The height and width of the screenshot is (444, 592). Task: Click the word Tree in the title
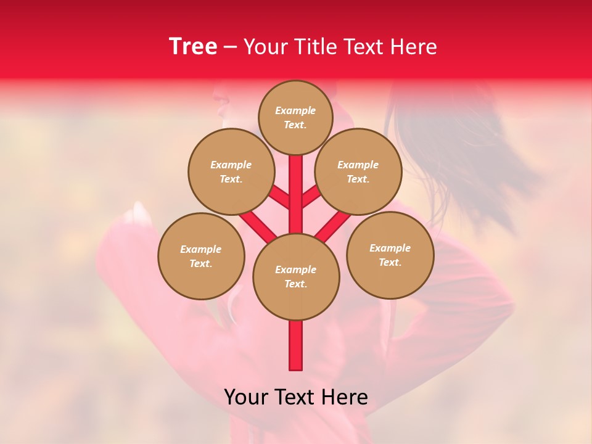(193, 47)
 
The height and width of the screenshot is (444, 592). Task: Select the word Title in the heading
(314, 47)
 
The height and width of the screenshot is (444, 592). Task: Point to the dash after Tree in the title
(230, 47)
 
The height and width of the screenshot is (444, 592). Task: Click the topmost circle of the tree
(295, 117)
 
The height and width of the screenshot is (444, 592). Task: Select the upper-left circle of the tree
(231, 171)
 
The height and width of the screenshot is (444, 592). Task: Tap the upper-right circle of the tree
(358, 171)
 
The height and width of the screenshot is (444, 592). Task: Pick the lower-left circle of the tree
(201, 256)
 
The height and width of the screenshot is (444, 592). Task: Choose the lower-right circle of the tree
(390, 255)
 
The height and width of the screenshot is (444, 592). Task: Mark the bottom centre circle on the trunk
(296, 276)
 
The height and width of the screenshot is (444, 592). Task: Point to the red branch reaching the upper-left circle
(279, 199)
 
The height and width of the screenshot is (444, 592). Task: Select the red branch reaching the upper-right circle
(311, 197)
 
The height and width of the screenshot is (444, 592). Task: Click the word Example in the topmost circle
(295, 110)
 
